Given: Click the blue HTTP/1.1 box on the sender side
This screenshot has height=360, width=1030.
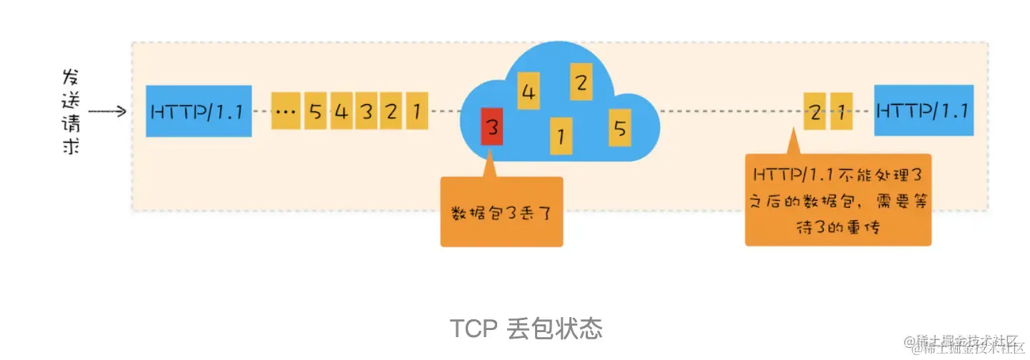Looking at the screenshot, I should tap(199, 111).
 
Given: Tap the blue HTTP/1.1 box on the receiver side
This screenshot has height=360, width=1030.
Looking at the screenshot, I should tap(924, 111).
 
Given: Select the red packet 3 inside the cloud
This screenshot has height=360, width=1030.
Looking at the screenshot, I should tap(491, 127).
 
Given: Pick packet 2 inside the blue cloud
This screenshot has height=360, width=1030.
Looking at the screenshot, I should tap(581, 83).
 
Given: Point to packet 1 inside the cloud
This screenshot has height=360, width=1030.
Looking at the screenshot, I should tap(561, 135).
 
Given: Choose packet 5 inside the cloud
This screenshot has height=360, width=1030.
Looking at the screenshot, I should tap(619, 128).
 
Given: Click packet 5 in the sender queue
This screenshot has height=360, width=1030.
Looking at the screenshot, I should tap(315, 111).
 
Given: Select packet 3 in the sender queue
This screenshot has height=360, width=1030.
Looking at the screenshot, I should tap(366, 111).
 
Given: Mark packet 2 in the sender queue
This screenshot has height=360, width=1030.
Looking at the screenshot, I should tap(391, 111).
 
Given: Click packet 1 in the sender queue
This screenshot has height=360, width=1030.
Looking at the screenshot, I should tap(416, 111).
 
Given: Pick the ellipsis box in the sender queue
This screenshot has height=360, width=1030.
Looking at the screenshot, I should tap(285, 111).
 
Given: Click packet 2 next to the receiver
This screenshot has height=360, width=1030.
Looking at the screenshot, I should tap(815, 111).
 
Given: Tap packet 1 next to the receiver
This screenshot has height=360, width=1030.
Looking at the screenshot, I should tap(841, 111).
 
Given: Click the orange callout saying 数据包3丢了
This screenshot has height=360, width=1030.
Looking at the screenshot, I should tap(501, 212).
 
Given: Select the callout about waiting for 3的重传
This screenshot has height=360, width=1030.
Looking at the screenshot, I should tap(838, 200).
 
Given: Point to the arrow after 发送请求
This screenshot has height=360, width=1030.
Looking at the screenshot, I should tap(107, 111).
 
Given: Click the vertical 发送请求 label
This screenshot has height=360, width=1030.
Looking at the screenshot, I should tap(70, 111).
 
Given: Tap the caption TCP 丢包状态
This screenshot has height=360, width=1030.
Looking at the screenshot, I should tap(526, 329).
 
